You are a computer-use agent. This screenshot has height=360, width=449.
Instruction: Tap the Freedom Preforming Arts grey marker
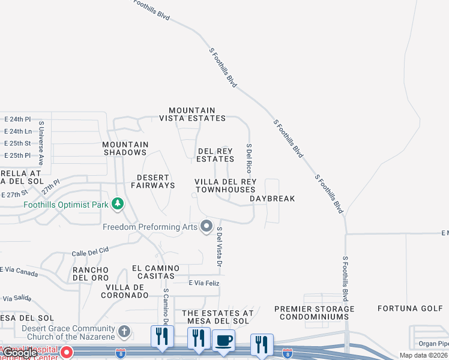(206, 227)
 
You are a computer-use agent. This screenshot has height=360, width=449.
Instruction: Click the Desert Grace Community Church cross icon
(124, 332)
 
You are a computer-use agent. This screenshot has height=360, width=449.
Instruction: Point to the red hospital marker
(67, 352)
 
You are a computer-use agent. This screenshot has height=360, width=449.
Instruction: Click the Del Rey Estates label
(215, 155)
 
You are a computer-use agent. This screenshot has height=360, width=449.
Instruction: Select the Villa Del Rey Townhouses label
(225, 185)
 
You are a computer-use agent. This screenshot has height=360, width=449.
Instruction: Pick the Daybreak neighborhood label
(273, 199)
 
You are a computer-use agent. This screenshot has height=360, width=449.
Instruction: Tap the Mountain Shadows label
(125, 148)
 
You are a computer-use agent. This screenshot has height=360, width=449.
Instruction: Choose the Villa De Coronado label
(124, 291)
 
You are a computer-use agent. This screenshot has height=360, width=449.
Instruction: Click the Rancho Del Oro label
(91, 274)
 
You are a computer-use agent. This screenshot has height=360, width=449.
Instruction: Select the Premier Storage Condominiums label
(314, 313)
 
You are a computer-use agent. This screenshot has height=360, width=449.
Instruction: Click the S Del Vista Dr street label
(220, 247)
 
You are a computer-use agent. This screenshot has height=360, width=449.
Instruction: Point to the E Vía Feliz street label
(204, 283)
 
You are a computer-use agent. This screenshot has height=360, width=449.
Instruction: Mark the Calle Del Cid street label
(90, 250)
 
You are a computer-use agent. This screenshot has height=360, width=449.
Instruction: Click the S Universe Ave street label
(41, 143)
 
